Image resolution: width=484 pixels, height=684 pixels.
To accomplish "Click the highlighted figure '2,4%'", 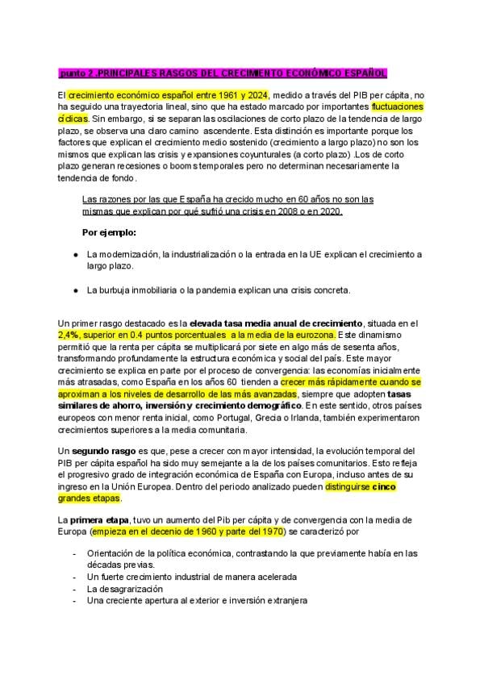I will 70,334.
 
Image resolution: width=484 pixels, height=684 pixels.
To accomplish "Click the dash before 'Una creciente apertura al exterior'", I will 74,600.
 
